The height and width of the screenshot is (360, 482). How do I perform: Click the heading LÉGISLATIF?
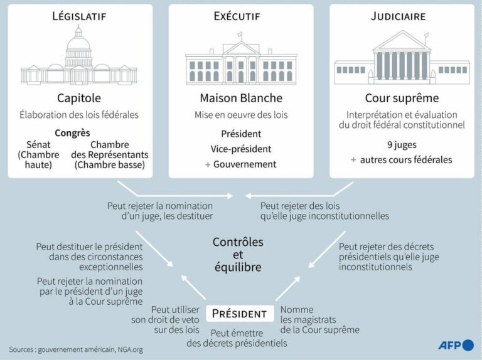[x=79, y=16]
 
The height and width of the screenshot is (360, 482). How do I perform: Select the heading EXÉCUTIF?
[x=237, y=16]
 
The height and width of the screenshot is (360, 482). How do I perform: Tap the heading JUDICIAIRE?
[x=398, y=16]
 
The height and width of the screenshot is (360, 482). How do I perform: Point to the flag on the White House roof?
[x=240, y=34]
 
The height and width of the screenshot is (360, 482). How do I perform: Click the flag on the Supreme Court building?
[x=427, y=35]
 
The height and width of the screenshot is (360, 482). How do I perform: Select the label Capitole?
[x=79, y=98]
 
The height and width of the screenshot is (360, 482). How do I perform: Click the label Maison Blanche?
[x=241, y=98]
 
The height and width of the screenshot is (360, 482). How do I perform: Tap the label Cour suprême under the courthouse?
[x=402, y=98]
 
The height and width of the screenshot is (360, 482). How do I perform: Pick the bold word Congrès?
[x=72, y=133]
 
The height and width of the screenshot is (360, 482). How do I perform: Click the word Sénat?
[x=38, y=144]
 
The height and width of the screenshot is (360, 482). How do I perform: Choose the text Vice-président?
[x=241, y=149]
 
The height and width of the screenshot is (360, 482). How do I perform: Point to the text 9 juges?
[x=402, y=145]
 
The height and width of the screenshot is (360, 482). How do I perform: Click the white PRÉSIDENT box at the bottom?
[x=240, y=314]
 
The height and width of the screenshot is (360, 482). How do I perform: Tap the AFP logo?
[x=456, y=345]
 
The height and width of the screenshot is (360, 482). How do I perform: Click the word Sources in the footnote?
[x=21, y=349]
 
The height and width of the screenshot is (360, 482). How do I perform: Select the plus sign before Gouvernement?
[x=208, y=165]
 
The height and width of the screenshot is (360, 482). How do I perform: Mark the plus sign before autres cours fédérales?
[x=353, y=160]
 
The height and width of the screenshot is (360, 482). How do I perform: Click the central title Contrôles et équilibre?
[x=238, y=255]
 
